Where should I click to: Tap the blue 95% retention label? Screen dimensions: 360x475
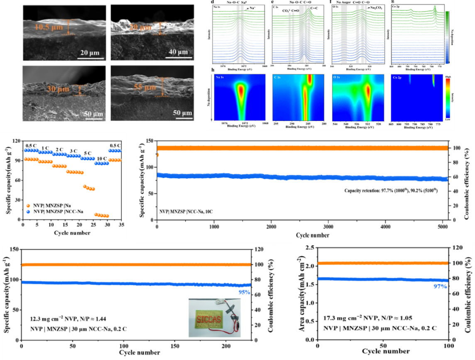[x=244, y=292]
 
